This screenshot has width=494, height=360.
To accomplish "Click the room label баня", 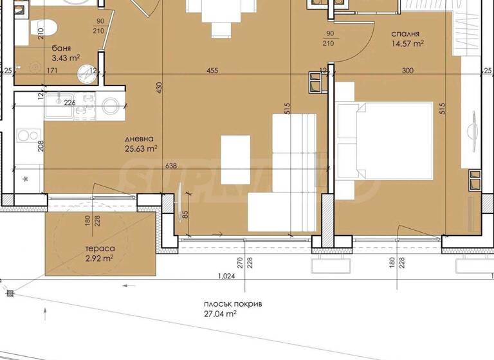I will click(62, 48).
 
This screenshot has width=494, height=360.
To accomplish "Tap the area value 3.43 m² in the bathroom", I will click(66, 58).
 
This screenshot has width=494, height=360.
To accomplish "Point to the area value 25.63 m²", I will click(141, 149).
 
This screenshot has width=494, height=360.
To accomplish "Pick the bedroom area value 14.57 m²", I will click(408, 44).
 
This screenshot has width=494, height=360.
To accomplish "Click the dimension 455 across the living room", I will click(213, 71).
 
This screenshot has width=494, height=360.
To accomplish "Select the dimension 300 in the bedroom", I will click(407, 71).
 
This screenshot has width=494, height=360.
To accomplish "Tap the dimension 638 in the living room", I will click(171, 166).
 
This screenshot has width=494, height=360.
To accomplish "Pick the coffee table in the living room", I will click(236, 159).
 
